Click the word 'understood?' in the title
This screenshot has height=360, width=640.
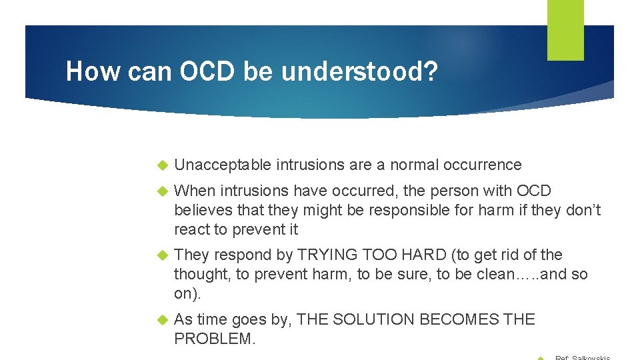coord(360,72)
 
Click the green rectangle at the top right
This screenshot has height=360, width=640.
coord(565,30)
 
